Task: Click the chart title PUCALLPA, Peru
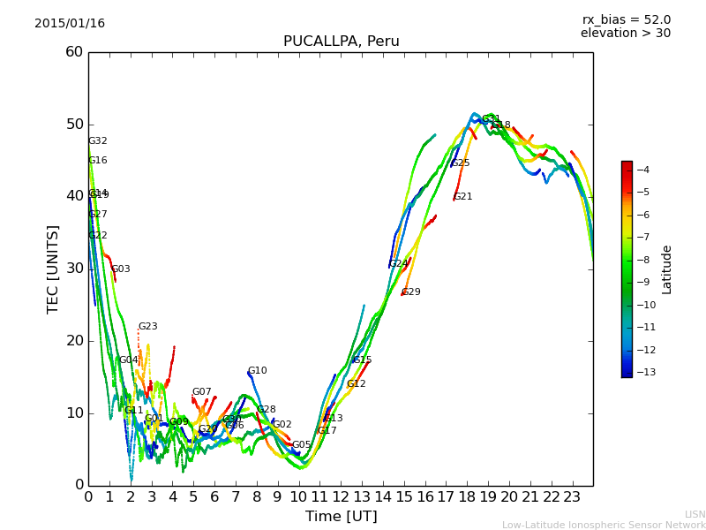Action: coord(341,42)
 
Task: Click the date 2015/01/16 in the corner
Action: coord(70,24)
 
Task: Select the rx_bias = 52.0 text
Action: coord(626,19)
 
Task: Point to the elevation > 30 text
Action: coord(625,34)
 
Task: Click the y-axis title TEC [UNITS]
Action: coord(53,269)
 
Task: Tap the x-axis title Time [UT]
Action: coord(341,516)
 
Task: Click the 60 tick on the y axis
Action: coord(73,52)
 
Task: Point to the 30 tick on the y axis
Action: coord(73,269)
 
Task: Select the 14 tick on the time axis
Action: coord(383,497)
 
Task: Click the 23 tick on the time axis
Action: coord(572,497)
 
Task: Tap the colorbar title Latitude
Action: coord(667,269)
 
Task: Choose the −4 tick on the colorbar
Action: coord(643,170)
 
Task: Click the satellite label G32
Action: coord(98,141)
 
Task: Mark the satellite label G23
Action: coord(147,327)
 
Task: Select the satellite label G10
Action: coord(257,371)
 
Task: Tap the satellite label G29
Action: coord(411,292)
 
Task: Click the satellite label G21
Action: coord(463,197)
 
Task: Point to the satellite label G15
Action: coord(362,360)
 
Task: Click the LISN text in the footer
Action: coord(695,514)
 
